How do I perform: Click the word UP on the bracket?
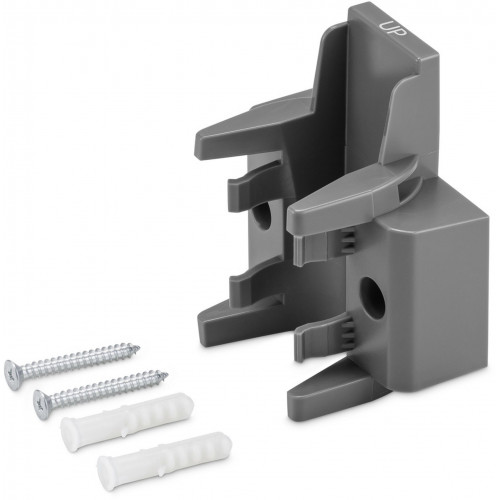393,28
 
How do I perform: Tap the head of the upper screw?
14,375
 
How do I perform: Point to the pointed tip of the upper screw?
139,348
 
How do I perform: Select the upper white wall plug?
127,421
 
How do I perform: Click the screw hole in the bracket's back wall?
262,216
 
